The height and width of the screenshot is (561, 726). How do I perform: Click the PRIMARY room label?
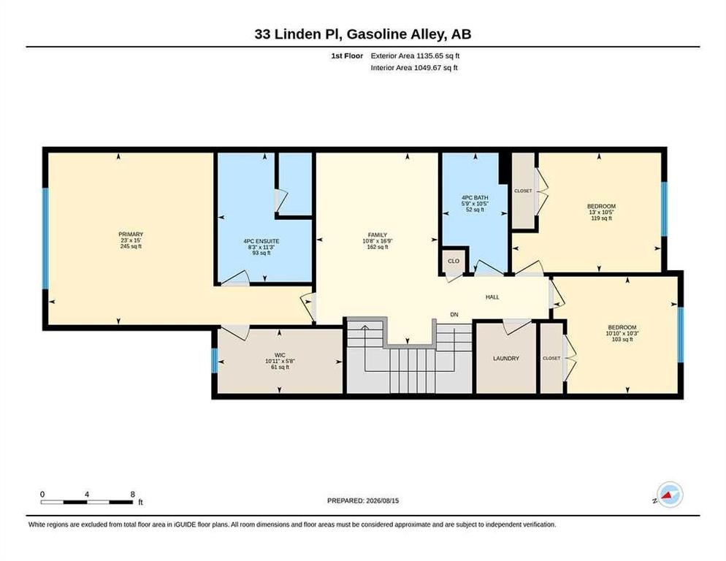point(131,234)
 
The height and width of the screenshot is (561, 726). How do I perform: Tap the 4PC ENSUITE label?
point(261,241)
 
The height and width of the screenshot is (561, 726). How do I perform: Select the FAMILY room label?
point(378,235)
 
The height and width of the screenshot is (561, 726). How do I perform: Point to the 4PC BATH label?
point(475,198)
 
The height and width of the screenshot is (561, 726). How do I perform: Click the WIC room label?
point(280,355)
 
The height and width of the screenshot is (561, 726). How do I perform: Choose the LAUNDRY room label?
point(506,359)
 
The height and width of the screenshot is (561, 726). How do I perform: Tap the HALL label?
point(492,297)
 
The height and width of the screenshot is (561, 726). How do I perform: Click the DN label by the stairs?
point(454,315)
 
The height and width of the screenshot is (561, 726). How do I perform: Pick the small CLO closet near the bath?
point(454,262)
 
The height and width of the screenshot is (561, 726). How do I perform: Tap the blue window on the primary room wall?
point(45,238)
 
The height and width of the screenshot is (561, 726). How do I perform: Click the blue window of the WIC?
point(215,360)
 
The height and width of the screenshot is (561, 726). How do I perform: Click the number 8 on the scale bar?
point(132,495)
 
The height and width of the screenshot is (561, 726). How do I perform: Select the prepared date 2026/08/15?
point(383,501)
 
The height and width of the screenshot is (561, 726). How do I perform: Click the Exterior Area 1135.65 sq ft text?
point(415,56)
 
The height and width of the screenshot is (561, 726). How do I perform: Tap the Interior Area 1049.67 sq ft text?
point(414,68)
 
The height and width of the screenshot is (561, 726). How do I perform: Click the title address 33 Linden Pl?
point(297,34)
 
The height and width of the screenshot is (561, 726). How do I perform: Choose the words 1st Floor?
point(347,56)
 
